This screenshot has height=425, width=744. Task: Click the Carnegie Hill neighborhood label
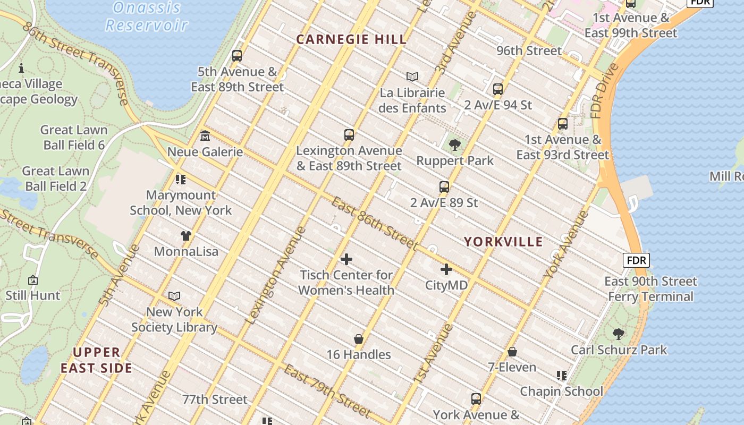(x=351, y=39)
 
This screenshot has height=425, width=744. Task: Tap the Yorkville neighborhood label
(x=503, y=242)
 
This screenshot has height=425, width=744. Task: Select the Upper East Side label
(x=96, y=360)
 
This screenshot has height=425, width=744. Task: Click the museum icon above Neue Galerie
(x=205, y=136)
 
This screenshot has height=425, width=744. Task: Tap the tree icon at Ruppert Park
(x=454, y=144)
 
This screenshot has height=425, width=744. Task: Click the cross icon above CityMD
(x=446, y=269)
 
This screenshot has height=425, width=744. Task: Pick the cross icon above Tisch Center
(x=346, y=259)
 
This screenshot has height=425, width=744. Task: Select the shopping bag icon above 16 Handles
(x=359, y=339)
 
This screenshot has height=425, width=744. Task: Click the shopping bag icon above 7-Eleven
(x=512, y=352)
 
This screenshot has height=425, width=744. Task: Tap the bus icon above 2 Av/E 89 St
(x=444, y=187)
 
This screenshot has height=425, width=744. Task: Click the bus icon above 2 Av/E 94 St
(x=497, y=89)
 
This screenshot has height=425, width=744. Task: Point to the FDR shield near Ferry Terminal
(x=636, y=260)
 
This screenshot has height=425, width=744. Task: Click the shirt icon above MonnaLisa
(x=185, y=235)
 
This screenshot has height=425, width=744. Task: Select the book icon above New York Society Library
(x=174, y=296)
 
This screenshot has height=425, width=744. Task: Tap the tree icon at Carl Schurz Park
(x=618, y=334)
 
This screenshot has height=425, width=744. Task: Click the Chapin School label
(x=561, y=392)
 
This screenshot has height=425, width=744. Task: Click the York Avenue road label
(x=566, y=245)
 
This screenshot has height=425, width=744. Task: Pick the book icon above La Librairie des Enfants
(x=412, y=76)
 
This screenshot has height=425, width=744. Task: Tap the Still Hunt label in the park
(x=33, y=295)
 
